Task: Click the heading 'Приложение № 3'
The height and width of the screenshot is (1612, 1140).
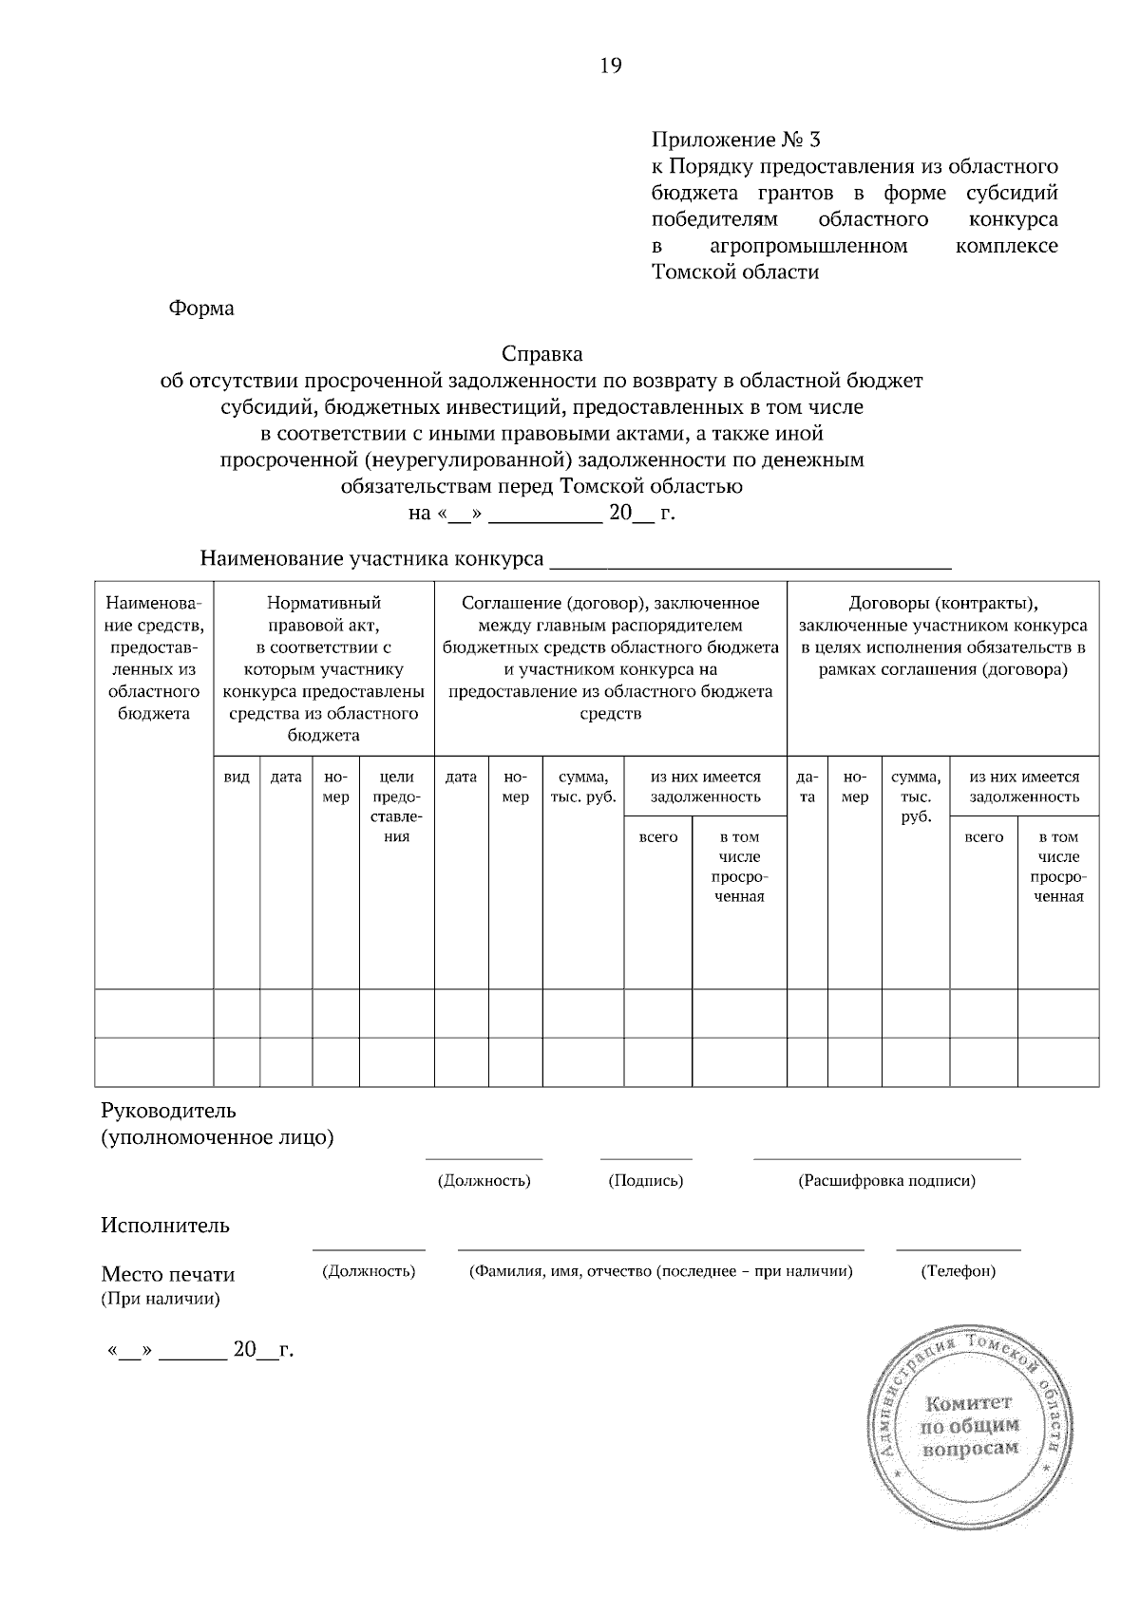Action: point(734,141)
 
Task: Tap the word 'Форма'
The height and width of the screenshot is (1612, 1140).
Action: point(200,309)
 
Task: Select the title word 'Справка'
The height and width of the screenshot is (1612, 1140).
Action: point(541,354)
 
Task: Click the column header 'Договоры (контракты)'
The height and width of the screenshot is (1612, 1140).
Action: point(942,604)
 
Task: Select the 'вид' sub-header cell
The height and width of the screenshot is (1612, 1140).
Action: point(237,778)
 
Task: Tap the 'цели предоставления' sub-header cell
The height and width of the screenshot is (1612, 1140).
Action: point(396,807)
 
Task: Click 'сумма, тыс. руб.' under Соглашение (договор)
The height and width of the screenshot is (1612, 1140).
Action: point(583,787)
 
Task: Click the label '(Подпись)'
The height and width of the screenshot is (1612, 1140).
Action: point(646,1181)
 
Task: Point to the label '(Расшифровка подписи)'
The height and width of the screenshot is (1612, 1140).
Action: point(886,1181)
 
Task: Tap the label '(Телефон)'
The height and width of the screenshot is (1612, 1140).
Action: point(958,1271)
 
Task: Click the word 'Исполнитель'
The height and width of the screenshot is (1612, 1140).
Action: point(165,1226)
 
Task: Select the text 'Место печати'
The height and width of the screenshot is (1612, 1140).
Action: point(168,1275)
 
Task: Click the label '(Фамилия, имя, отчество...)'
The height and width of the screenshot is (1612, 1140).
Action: point(660,1271)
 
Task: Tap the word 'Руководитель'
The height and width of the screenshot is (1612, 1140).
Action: point(169,1111)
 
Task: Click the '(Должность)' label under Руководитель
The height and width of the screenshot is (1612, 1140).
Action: point(484,1181)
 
